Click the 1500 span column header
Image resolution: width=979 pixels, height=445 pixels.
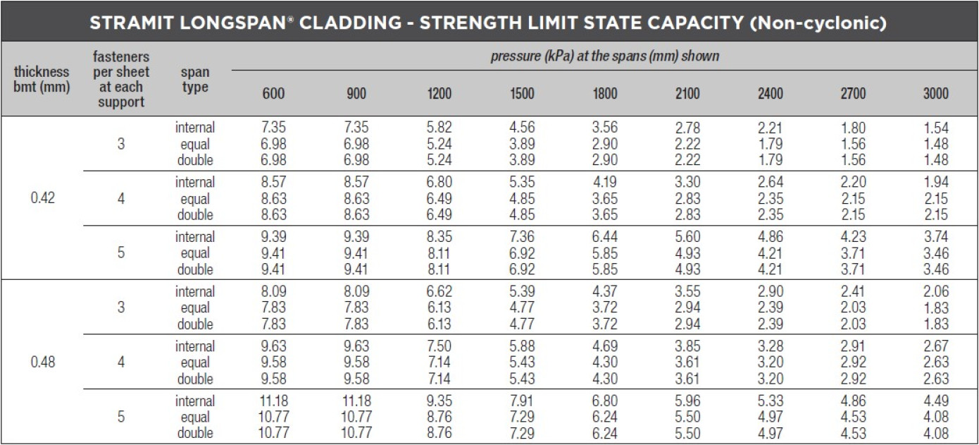pyautogui.click(x=522, y=94)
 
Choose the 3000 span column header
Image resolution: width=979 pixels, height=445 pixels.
pyautogui.click(x=936, y=94)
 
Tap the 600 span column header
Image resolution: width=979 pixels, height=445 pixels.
pyautogui.click(x=274, y=94)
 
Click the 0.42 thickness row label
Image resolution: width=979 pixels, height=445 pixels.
pyautogui.click(x=43, y=198)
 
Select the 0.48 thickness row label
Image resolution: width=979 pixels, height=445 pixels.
pyautogui.click(x=43, y=362)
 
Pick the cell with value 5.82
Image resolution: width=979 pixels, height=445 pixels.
pyautogui.click(x=439, y=128)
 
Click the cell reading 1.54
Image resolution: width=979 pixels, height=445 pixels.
pyautogui.click(x=936, y=128)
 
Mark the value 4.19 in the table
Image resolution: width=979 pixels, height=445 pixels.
pyautogui.click(x=605, y=183)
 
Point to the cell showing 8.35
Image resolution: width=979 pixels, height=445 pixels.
pyautogui.click(x=439, y=237)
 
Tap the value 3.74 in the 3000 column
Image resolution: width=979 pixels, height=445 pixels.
pyautogui.click(x=936, y=237)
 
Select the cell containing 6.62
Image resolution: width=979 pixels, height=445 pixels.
pyautogui.click(x=439, y=291)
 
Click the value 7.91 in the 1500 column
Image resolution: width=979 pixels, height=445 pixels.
pyautogui.click(x=522, y=401)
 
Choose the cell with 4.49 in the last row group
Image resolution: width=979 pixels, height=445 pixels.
pyautogui.click(x=936, y=401)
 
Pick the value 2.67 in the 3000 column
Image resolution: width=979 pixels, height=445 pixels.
pyautogui.click(x=936, y=346)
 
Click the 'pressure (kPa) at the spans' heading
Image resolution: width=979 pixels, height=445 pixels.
pyautogui.click(x=604, y=56)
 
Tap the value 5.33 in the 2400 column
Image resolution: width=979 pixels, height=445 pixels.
pyautogui.click(x=771, y=401)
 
